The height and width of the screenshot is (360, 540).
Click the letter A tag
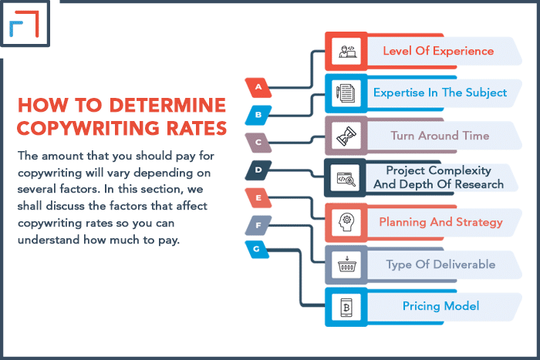[258, 87]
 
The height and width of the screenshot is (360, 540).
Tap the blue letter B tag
[258, 115]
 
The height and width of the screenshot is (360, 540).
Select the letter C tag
[258, 143]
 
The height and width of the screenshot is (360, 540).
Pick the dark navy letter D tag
[258, 170]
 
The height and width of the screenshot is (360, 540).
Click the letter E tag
[258, 198]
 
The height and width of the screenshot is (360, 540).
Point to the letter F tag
[258, 225]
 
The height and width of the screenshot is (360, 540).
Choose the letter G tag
[257, 249]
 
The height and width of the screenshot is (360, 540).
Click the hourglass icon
[346, 136]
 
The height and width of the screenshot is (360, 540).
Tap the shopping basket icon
[347, 264]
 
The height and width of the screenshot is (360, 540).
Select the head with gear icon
[346, 222]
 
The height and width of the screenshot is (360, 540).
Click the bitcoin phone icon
[346, 307]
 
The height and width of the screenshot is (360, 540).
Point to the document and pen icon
[346, 93]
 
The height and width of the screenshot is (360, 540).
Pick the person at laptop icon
[347, 52]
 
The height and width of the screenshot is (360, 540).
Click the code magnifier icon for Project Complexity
[346, 179]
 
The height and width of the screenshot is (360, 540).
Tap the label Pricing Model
[440, 306]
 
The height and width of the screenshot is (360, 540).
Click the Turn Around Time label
[440, 136]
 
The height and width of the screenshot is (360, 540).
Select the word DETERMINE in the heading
[167, 105]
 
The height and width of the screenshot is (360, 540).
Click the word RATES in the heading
[197, 129]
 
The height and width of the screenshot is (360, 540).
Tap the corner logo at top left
[24, 23]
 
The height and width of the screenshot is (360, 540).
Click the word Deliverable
[464, 264]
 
